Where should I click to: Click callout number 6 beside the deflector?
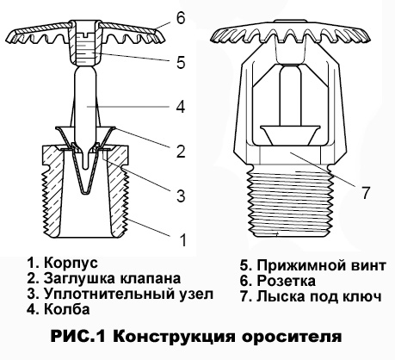pos(181,18)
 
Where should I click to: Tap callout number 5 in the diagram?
pos(181,63)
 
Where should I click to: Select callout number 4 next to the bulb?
pos(181,108)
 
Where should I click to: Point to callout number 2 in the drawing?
pos(181,152)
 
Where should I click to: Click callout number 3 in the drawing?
pos(181,196)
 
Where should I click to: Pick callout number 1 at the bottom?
pos(182,240)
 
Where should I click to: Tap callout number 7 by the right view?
pos(365,193)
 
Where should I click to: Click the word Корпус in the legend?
pos(71,264)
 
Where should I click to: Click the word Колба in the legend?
pos(67,309)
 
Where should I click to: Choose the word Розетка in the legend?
pos(286,281)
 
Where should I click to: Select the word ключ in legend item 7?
pos(362,296)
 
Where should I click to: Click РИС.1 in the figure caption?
pos(78,337)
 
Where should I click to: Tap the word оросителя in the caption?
pos(292,337)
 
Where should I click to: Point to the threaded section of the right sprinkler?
pos(291,202)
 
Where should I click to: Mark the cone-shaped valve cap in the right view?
pos(290,134)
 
